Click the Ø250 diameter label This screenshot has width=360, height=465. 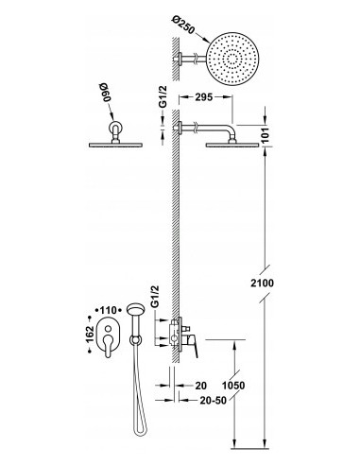point(183,25)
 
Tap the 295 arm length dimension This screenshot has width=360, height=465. point(203,97)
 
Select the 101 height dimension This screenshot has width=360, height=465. point(267,135)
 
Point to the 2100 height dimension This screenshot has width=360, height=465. point(262,283)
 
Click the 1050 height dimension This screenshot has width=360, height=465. point(233,386)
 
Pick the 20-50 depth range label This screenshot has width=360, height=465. point(214,400)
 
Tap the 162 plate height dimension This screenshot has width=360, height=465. point(90,335)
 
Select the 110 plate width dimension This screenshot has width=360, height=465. point(108,311)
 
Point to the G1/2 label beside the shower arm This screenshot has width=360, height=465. point(163,96)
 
